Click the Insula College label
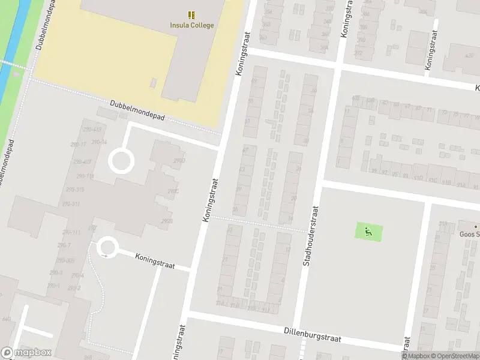point(191,25)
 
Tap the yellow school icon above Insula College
point(191,15)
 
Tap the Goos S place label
point(469,235)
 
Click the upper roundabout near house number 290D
point(120,161)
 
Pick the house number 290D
point(179,161)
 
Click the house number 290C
point(173,191)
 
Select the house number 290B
point(167,221)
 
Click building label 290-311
point(71,204)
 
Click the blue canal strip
point(11,60)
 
